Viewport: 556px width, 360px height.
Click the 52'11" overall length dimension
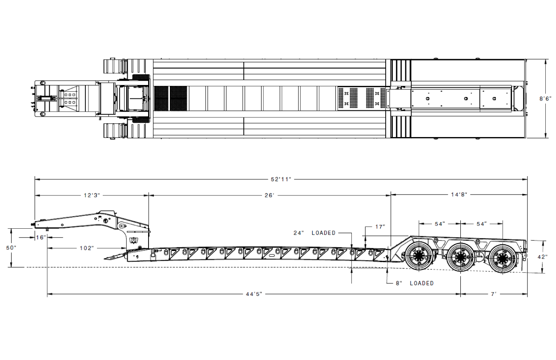(x=281, y=179)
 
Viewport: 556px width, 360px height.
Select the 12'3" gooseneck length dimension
(x=92, y=195)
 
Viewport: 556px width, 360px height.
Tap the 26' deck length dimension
(x=269, y=196)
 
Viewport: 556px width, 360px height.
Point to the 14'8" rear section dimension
(x=459, y=194)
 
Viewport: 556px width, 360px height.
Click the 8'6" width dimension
(x=545, y=98)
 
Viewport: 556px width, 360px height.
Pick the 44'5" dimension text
(x=254, y=294)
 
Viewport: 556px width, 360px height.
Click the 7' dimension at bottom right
(x=494, y=294)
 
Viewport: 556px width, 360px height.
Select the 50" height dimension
(x=11, y=248)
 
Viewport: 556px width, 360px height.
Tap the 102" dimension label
(x=87, y=248)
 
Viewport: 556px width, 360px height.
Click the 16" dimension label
(x=41, y=238)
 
